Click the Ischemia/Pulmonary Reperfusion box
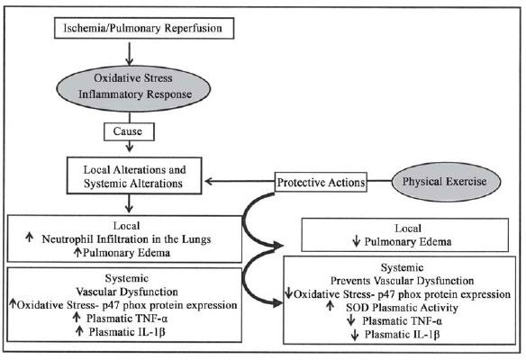coord(144,28)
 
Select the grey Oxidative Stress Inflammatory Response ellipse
coord(133,88)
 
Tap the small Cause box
coord(129,131)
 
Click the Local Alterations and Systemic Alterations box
coord(134,175)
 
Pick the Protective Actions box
coord(321,182)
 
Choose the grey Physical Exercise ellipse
coord(446,182)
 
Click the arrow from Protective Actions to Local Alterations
coord(240,181)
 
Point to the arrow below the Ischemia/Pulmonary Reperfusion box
coord(129,52)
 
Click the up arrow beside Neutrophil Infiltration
coord(30,238)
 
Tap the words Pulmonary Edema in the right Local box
coord(408,242)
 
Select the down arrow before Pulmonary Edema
coord(357,241)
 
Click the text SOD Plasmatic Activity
coord(402,308)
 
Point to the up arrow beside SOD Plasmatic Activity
coord(330,305)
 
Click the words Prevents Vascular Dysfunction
coord(402,280)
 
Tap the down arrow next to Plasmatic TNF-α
coord(351,320)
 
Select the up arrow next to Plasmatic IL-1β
coord(79,331)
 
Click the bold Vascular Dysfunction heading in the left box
coord(127,292)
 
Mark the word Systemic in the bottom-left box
coord(126,278)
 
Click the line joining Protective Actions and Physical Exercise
coord(379,181)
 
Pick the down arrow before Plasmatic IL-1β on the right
coord(355,335)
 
